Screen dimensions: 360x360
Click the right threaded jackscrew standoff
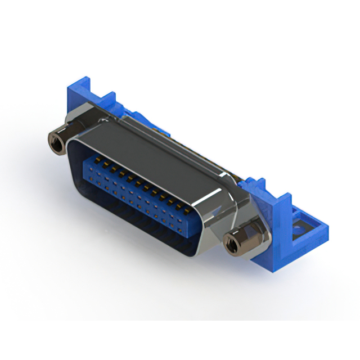(236, 243)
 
